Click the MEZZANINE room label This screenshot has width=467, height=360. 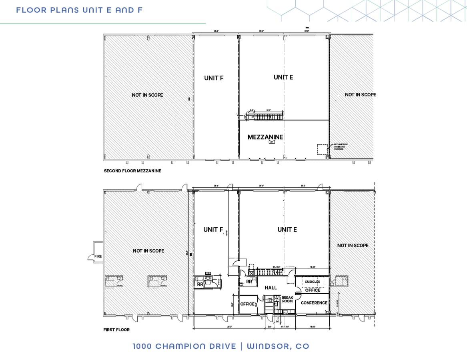click(265, 137)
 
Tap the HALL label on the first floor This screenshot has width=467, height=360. click(271, 288)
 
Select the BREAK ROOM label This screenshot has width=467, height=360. click(287, 299)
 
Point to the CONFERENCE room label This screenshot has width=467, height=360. click(314, 303)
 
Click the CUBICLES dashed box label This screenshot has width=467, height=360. click(312, 282)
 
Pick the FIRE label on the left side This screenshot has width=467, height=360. click(98, 256)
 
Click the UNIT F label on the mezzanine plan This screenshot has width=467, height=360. click(214, 78)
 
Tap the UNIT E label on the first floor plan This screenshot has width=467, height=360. click(287, 230)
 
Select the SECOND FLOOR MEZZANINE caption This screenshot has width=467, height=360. click(132, 171)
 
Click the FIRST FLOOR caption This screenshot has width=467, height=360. click(116, 330)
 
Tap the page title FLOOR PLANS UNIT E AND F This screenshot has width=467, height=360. click(79, 10)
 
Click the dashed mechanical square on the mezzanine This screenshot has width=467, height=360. click(322, 149)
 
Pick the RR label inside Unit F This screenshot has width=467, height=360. click(199, 284)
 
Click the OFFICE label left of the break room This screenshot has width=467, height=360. click(247, 304)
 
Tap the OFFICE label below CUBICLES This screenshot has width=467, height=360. click(313, 290)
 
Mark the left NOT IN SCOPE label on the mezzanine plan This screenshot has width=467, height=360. click(147, 95)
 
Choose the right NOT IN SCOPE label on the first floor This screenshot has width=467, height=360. click(353, 245)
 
